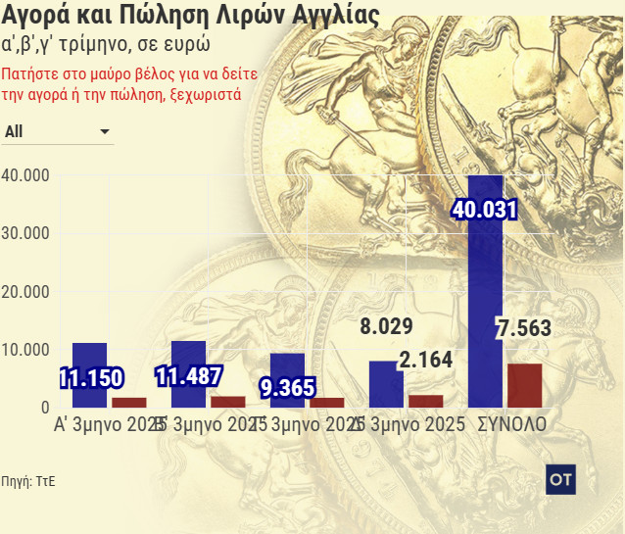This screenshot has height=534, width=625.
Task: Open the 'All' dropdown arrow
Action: (105, 131)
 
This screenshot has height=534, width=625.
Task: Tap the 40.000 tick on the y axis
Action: (26, 175)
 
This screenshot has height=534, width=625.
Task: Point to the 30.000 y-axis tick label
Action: (26, 233)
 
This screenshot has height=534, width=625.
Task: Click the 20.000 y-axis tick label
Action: (26, 292)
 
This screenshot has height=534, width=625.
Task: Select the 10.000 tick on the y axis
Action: (26, 350)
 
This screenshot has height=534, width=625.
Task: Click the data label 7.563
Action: (524, 329)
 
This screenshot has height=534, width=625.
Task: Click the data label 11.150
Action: (89, 378)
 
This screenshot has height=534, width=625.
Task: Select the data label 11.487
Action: (189, 375)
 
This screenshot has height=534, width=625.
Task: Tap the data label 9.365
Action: (288, 387)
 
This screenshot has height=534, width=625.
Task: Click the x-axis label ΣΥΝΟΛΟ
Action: (511, 426)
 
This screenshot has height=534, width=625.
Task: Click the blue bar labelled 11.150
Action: (89, 358)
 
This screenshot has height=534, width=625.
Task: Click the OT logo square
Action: (560, 480)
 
